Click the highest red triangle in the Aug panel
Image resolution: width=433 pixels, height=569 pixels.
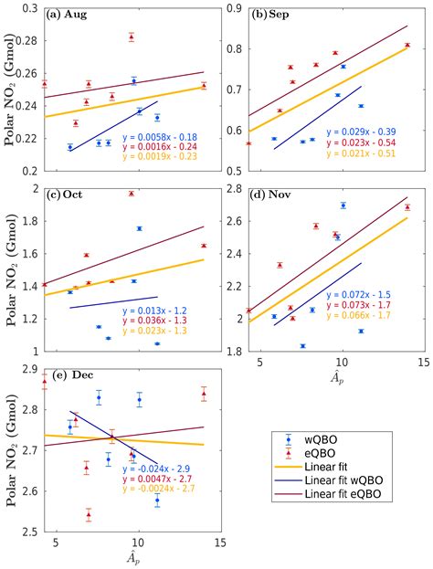[x=131, y=37]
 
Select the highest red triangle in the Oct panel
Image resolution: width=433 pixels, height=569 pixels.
[x=131, y=194]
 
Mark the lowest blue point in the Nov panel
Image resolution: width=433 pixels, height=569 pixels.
[x=302, y=346]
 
